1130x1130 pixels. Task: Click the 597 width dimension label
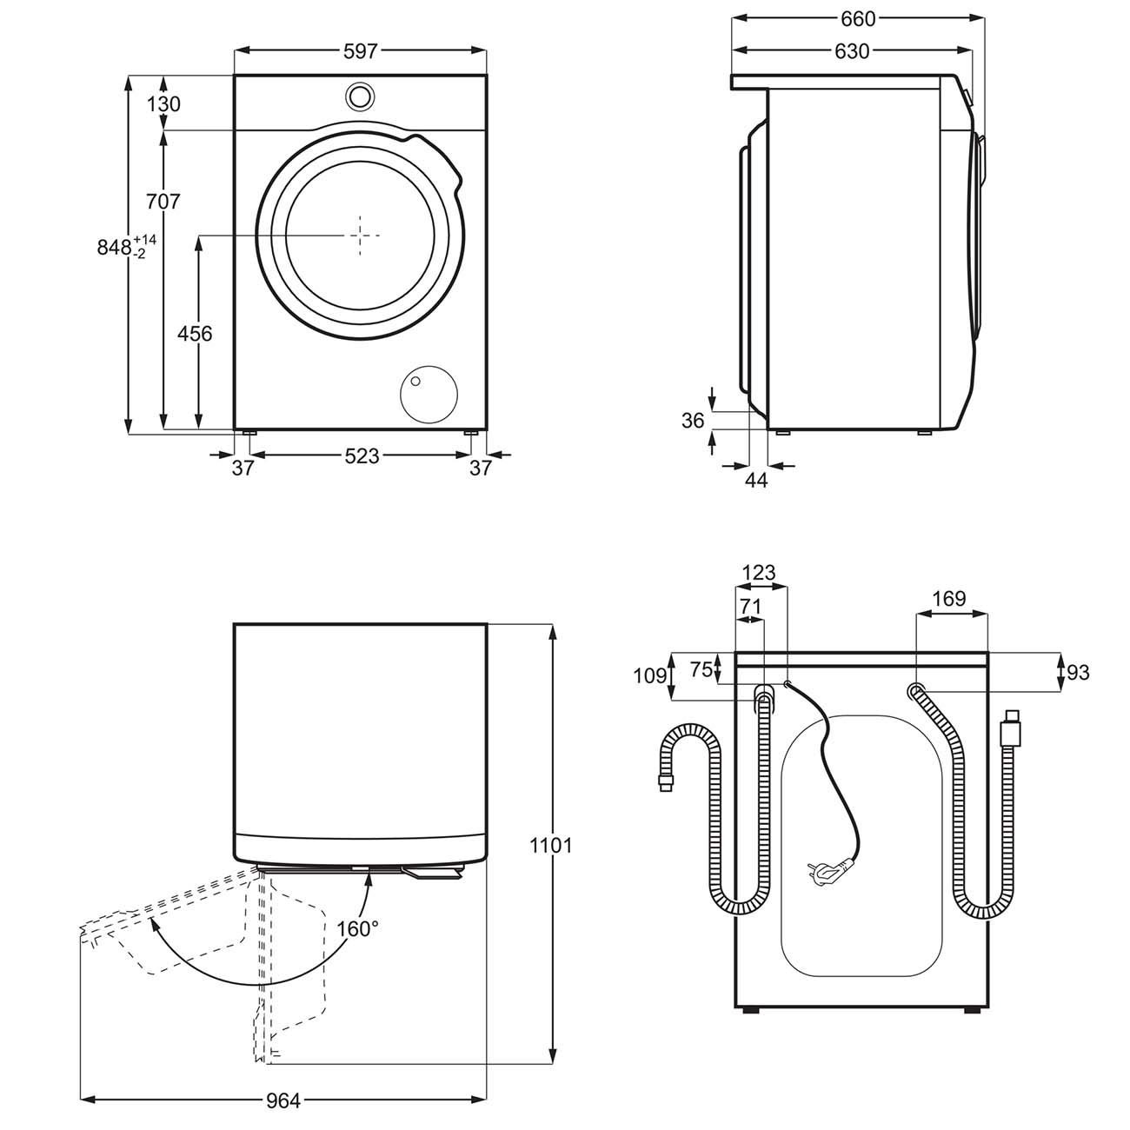(360, 51)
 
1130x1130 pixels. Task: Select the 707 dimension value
(163, 201)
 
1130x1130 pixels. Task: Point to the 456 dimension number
(195, 332)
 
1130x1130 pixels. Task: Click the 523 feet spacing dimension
(362, 455)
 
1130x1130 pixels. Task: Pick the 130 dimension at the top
(163, 104)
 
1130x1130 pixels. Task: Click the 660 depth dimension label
(857, 17)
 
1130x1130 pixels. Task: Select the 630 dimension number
(852, 51)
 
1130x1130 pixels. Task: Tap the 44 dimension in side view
(757, 480)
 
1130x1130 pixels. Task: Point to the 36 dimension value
(693, 421)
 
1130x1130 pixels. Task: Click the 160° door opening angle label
(357, 927)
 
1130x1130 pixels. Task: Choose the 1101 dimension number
(550, 844)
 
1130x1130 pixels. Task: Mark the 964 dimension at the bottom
(283, 1100)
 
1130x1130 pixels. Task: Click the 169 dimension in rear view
(948, 598)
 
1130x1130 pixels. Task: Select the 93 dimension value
(1078, 672)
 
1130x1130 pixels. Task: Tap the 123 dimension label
(759, 573)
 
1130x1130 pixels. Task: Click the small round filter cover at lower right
(429, 394)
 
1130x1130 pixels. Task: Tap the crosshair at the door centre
(361, 235)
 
